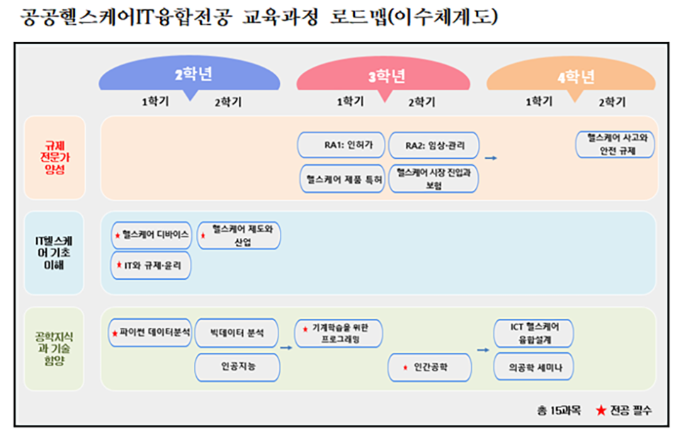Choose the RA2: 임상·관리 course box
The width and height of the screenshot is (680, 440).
(433, 145)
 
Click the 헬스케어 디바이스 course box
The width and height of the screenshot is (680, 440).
(151, 234)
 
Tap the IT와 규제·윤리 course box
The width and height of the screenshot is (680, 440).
(151, 266)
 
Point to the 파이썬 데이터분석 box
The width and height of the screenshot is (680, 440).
(151, 332)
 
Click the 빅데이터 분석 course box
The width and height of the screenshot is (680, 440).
(237, 332)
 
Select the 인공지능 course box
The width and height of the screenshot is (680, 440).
(237, 367)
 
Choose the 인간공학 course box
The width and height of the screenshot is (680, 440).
(429, 367)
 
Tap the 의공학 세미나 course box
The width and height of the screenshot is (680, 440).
(533, 367)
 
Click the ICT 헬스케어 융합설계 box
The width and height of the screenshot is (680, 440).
(533, 333)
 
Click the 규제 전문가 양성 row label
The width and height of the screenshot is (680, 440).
(55, 158)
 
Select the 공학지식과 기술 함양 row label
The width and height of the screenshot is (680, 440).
(55, 348)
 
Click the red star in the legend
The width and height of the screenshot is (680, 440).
(601, 410)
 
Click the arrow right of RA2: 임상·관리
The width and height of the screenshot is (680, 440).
(490, 158)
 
